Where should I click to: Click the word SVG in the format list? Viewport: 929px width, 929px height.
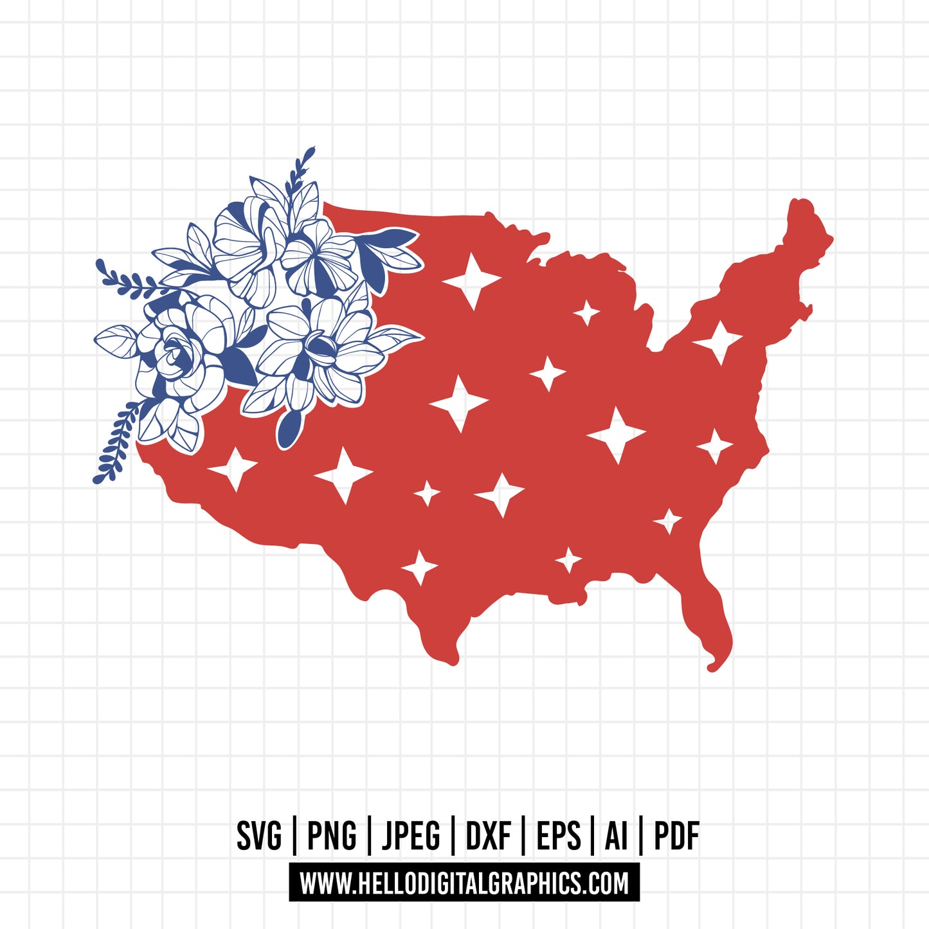pos(259,836)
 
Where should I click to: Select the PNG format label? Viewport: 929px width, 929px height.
pos(332,836)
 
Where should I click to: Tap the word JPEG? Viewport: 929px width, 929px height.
pos(411,836)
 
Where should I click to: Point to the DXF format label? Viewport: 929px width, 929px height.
pos(489,836)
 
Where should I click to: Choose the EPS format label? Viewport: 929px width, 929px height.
pos(558,836)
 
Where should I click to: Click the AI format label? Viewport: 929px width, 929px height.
pos(615,836)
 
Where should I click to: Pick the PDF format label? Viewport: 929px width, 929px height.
pos(676,836)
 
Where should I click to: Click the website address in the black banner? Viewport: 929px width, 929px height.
pos(464,883)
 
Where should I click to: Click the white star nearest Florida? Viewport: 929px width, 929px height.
pos(668,520)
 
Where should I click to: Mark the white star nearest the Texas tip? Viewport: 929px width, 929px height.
pos(419,567)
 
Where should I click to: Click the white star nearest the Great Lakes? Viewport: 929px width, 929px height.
pos(586,313)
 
